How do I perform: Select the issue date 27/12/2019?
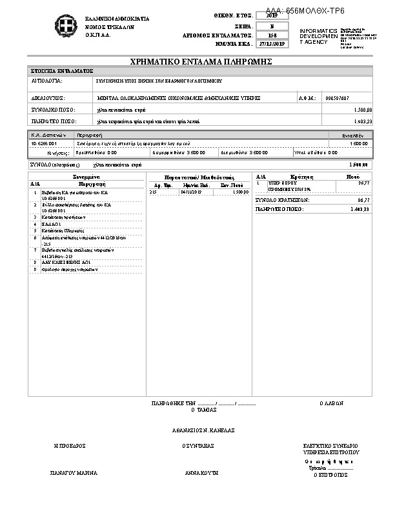[x=270, y=44]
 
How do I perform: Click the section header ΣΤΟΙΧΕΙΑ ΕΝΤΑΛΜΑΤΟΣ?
[x=62, y=70]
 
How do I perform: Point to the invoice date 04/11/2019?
[x=191, y=192]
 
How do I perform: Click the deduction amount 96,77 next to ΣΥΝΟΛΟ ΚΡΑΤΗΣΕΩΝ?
[x=363, y=201]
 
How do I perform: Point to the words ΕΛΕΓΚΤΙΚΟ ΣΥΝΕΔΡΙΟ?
[x=331, y=446]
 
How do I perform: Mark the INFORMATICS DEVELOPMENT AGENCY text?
[x=318, y=36]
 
